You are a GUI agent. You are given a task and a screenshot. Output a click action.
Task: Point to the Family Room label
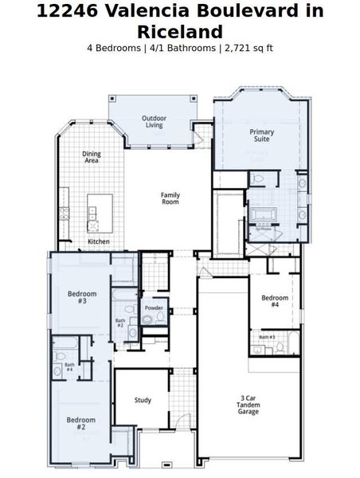170,198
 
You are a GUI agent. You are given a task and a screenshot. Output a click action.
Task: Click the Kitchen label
99,241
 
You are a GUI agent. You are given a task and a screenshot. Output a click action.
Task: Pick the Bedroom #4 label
274,301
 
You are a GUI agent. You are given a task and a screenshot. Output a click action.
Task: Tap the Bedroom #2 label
80,423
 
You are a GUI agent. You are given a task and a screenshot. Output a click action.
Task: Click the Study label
143,400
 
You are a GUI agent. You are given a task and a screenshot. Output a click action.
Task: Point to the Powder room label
154,308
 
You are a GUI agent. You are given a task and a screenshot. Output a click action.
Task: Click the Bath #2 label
120,323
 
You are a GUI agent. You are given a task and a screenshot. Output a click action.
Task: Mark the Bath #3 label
267,337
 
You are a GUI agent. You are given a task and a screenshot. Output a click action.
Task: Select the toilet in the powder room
147,319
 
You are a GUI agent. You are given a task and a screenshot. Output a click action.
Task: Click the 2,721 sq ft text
250,48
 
